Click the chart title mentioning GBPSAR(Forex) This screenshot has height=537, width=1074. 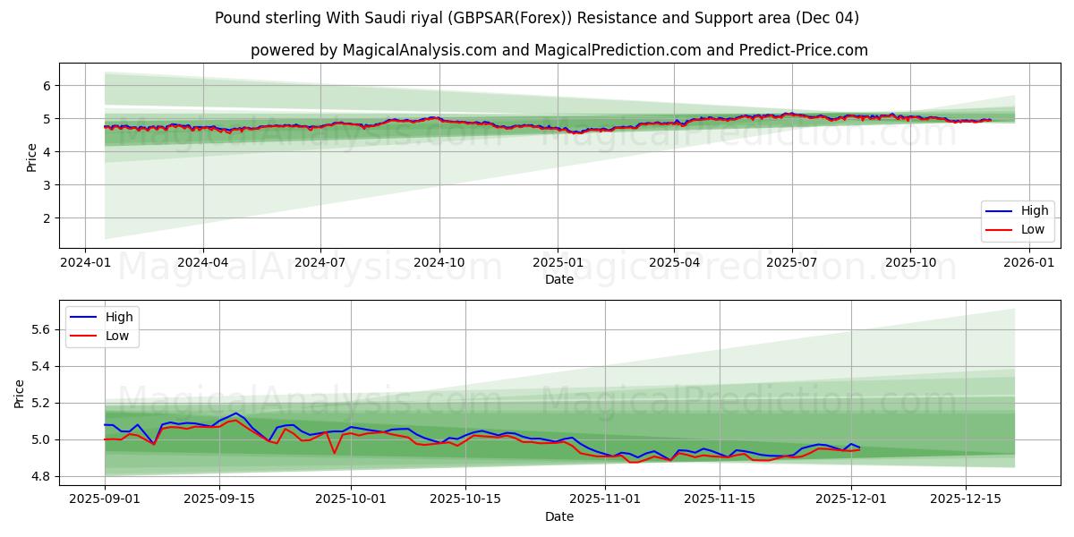[537, 18]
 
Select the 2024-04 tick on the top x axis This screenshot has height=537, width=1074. [202, 262]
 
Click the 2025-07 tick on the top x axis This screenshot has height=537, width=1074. [792, 262]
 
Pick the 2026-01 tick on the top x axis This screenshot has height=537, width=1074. [1028, 262]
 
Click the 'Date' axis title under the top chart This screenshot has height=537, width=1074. [558, 279]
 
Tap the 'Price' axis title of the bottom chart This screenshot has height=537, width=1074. [20, 393]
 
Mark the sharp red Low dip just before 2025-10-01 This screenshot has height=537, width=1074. [334, 453]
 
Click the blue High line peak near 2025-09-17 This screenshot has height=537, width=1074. [235, 413]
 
